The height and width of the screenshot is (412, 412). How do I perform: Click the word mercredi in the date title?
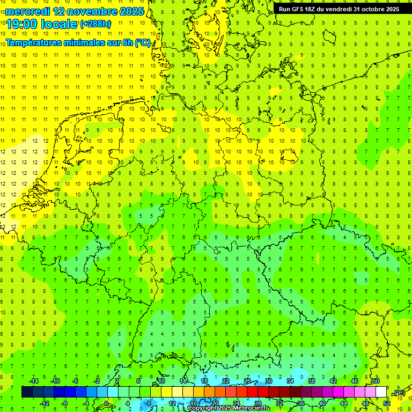click(28, 11)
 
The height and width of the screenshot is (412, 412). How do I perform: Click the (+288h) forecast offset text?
click(95, 24)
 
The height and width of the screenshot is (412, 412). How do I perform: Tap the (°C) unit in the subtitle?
click(143, 42)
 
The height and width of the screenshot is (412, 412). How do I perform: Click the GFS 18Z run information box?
click(339, 9)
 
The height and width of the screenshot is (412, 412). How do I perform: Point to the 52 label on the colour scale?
click(386, 403)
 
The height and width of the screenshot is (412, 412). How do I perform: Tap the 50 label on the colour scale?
click(376, 381)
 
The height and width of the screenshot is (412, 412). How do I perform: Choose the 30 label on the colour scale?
click(268, 381)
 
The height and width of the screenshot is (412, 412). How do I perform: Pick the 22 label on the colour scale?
click(225, 381)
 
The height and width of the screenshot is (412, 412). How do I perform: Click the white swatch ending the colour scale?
click(381, 392)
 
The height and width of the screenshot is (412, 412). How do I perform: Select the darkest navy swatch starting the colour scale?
click(27, 392)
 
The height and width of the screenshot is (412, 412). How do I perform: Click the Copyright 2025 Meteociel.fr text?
click(229, 408)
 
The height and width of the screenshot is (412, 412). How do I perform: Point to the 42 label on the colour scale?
click(333, 381)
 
